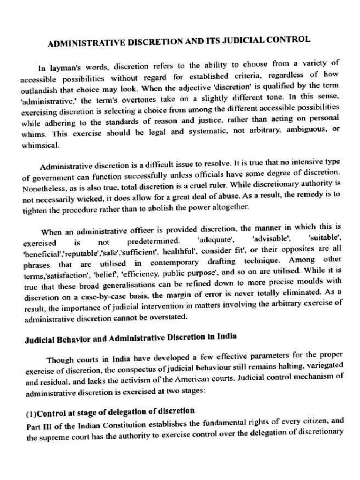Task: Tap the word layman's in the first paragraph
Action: click(77, 68)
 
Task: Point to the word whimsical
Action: click(41, 145)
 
